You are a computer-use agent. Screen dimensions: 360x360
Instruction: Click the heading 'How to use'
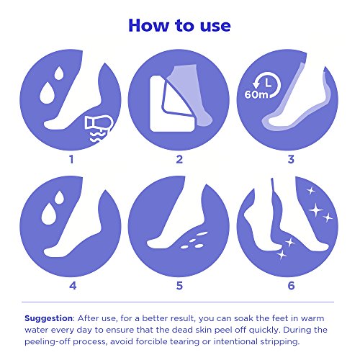point(179,25)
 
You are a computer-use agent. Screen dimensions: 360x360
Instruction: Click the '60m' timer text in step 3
point(256,94)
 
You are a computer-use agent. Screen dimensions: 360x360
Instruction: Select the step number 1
point(71,159)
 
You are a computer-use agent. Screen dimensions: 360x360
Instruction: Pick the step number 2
point(179,159)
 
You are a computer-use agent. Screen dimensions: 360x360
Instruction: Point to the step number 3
point(291,159)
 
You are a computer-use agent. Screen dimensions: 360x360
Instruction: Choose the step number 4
point(73,286)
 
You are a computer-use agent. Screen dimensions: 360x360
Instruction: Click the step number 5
point(179,286)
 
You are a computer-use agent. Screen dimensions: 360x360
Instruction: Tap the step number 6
point(291,286)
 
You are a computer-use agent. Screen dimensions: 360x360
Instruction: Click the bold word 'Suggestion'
point(48,319)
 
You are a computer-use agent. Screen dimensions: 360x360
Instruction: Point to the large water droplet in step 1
point(48,93)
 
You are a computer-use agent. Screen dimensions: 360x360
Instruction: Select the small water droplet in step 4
point(59,197)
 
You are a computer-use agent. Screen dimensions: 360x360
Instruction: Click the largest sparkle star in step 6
point(315,210)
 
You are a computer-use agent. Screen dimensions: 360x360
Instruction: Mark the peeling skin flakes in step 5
point(194,240)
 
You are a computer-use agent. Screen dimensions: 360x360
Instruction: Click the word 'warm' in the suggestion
point(312,318)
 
